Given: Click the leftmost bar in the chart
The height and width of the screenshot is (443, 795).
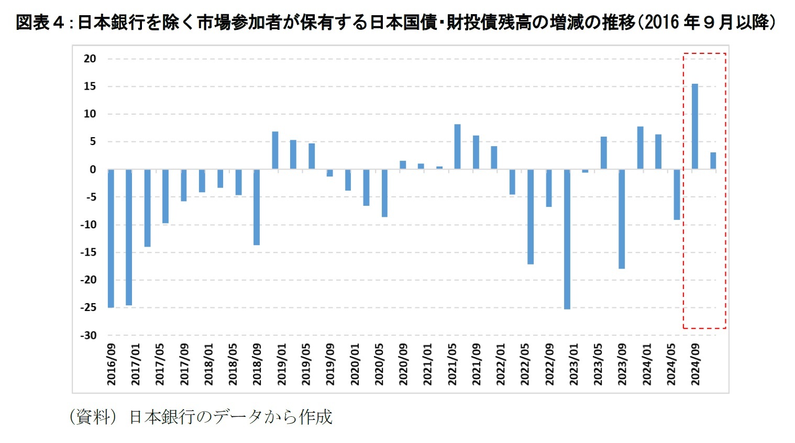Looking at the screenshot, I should [111, 238].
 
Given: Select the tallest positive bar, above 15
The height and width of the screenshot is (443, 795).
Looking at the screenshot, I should [694, 126].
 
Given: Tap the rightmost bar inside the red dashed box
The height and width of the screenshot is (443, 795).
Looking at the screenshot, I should [713, 161].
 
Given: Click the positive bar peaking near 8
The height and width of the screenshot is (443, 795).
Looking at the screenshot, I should [457, 147].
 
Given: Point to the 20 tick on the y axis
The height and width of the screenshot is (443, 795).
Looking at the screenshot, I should [90, 59].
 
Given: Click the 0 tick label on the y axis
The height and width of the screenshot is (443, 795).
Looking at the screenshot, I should [93, 169].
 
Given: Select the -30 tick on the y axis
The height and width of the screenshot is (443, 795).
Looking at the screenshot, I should [88, 335].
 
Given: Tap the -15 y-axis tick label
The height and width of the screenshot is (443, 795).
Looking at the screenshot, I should [88, 252].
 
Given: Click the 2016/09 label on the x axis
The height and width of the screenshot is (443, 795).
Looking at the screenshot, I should [112, 364].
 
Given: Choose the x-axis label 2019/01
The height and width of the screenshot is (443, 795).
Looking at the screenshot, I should [282, 364].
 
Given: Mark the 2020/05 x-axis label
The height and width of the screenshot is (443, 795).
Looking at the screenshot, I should [379, 364].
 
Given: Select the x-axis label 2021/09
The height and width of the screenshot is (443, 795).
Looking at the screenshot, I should [476, 364].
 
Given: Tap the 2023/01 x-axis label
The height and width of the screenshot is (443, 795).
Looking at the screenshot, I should [573, 364].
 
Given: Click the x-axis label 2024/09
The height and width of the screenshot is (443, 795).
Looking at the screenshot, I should [695, 364].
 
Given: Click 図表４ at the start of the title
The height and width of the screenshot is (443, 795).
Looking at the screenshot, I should [40, 23].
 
